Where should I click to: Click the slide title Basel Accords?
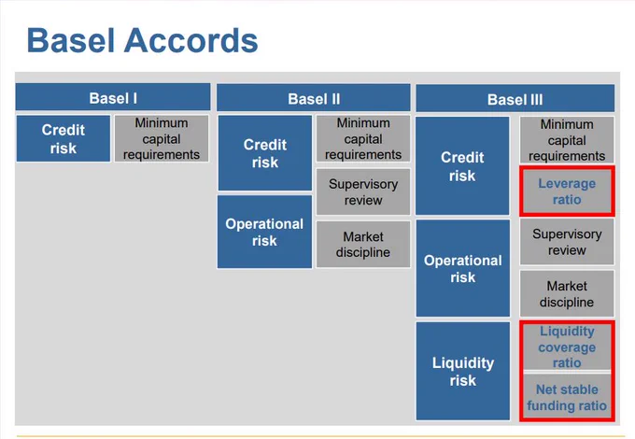pyautogui.click(x=142, y=40)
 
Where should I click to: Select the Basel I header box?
pyautogui.click(x=113, y=97)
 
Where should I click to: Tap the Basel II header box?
pyautogui.click(x=314, y=98)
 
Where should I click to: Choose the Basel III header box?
pyautogui.click(x=515, y=98)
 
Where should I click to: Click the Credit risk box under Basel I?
pyautogui.click(x=63, y=138)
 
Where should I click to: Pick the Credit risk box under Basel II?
pyautogui.click(x=265, y=153)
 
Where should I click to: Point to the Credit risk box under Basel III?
pyautogui.click(x=462, y=166)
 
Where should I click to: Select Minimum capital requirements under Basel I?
pyautogui.click(x=162, y=138)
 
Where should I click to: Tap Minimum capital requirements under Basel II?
pyautogui.click(x=363, y=138)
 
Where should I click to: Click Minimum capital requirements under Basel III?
pyautogui.click(x=567, y=140)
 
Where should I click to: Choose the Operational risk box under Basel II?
pyautogui.click(x=264, y=232)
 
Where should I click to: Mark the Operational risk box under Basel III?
pyautogui.click(x=463, y=268)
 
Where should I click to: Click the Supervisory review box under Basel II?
pyautogui.click(x=363, y=191)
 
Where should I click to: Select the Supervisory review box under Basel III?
pyautogui.click(x=567, y=242)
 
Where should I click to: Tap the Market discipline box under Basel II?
pyautogui.click(x=363, y=244)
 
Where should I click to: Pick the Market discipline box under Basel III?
pyautogui.click(x=567, y=293)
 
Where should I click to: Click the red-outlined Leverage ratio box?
pyautogui.click(x=567, y=191)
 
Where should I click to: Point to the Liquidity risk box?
pyautogui.click(x=463, y=371)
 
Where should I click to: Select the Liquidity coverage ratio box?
pyautogui.click(x=567, y=347)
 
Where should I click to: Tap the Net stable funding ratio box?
pyautogui.click(x=567, y=397)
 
